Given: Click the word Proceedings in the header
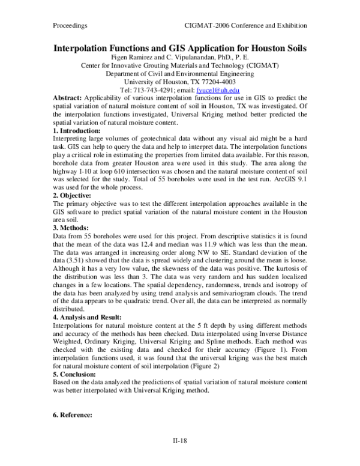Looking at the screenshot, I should (67, 26).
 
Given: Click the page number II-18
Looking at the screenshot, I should (180, 440).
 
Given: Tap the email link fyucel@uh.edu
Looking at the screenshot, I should (214, 90).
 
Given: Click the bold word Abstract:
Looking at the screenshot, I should (67, 98).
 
